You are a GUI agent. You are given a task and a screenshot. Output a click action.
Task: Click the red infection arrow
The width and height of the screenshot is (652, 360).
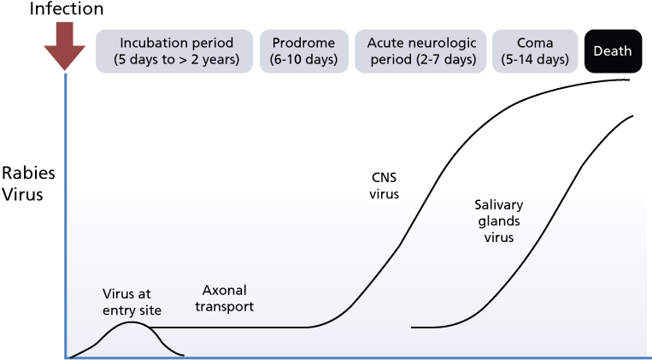65,46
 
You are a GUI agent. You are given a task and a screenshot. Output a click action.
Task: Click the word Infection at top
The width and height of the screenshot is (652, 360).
67,9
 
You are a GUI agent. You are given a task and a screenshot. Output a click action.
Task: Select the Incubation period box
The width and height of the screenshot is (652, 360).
174,51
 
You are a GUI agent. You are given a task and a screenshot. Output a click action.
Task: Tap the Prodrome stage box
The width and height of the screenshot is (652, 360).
304,51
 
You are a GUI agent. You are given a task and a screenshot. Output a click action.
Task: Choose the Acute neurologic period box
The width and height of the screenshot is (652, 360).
420,51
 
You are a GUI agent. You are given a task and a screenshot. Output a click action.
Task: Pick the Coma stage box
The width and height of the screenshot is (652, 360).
535,51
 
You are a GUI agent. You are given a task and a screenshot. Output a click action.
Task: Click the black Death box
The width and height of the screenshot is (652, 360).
613,51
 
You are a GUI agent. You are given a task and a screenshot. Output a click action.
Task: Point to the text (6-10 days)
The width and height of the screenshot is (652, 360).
304,60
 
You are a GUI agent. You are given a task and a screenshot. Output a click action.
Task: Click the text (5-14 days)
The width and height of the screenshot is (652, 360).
535,60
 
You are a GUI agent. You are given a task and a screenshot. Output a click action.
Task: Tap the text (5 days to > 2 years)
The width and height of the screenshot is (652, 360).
177,60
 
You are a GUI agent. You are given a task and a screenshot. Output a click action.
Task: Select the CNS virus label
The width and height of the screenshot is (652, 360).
385,186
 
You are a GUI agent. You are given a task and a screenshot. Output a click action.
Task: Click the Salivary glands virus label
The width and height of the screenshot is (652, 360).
498,221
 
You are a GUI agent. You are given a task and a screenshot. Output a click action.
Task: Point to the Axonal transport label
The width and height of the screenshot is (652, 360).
225,298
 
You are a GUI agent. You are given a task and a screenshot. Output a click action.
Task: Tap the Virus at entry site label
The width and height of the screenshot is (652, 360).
132,302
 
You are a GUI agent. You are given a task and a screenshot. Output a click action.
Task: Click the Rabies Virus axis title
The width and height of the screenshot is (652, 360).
28,184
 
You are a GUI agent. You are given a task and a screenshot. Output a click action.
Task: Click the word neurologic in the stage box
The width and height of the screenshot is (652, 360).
447,43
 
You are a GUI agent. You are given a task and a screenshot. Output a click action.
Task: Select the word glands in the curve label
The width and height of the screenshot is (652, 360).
498,221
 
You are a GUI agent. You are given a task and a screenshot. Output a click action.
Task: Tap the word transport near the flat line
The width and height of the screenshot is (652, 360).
225,307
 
